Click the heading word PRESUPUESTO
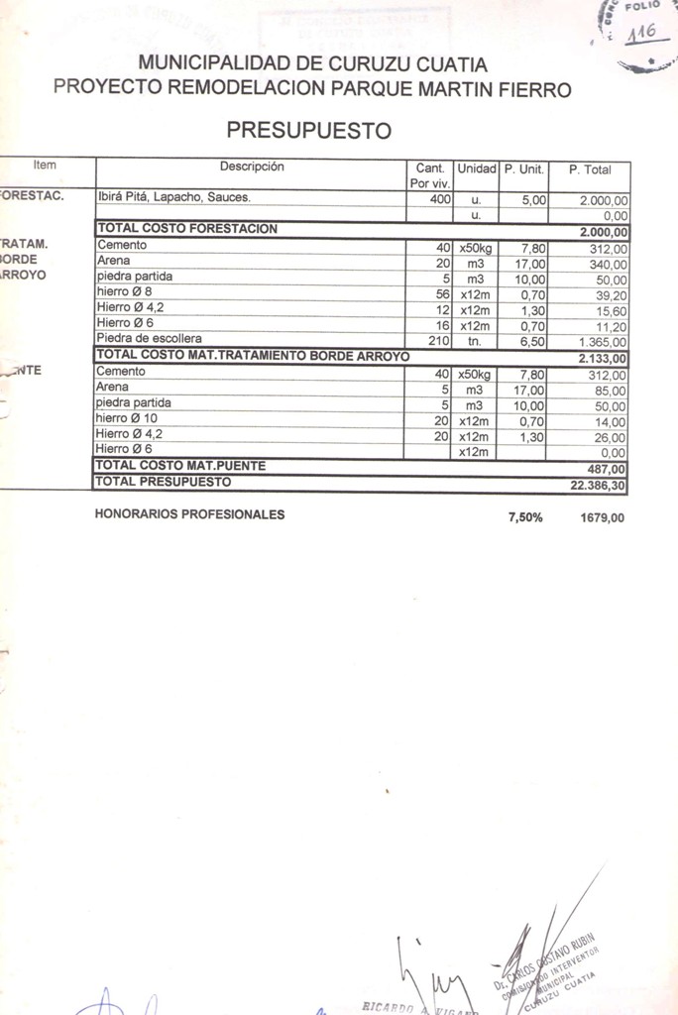coord(309,130)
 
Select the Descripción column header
coord(252,168)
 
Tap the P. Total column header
coord(590,169)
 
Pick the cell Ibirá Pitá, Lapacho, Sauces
coord(173,198)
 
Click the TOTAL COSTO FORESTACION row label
coord(186,229)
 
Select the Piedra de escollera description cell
coord(149,339)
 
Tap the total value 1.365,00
coord(603,342)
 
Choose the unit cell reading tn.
coord(475,341)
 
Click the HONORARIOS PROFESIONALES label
coord(189,514)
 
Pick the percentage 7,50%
coord(525,516)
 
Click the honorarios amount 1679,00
coord(603,516)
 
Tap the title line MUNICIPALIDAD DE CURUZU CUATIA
coord(312,64)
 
